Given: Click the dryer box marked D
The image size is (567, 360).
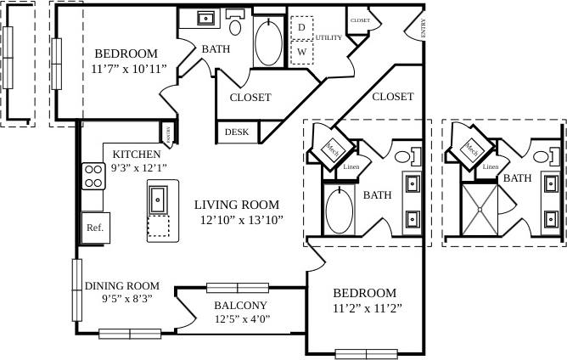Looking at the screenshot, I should (x=301, y=28).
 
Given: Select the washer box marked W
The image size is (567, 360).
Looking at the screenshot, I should (x=301, y=53).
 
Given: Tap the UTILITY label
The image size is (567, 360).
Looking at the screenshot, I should (x=328, y=38).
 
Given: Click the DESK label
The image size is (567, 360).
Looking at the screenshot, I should (x=237, y=132).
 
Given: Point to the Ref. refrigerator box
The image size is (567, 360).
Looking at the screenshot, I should (x=93, y=228).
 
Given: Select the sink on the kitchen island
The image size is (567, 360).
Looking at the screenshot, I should (x=159, y=200).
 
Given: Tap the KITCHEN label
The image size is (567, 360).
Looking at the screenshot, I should (x=137, y=155).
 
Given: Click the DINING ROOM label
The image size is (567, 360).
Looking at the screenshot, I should (x=122, y=286).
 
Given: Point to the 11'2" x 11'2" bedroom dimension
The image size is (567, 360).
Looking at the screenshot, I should (x=365, y=307).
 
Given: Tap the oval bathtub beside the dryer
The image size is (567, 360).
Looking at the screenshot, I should (x=270, y=40).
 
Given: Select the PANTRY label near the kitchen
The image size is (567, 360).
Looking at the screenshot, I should (x=168, y=132).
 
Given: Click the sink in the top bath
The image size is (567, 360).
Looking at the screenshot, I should (x=206, y=17).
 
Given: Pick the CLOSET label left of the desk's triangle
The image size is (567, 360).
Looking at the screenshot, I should (x=250, y=98).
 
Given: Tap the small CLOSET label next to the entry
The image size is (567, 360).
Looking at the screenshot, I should (x=359, y=20).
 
